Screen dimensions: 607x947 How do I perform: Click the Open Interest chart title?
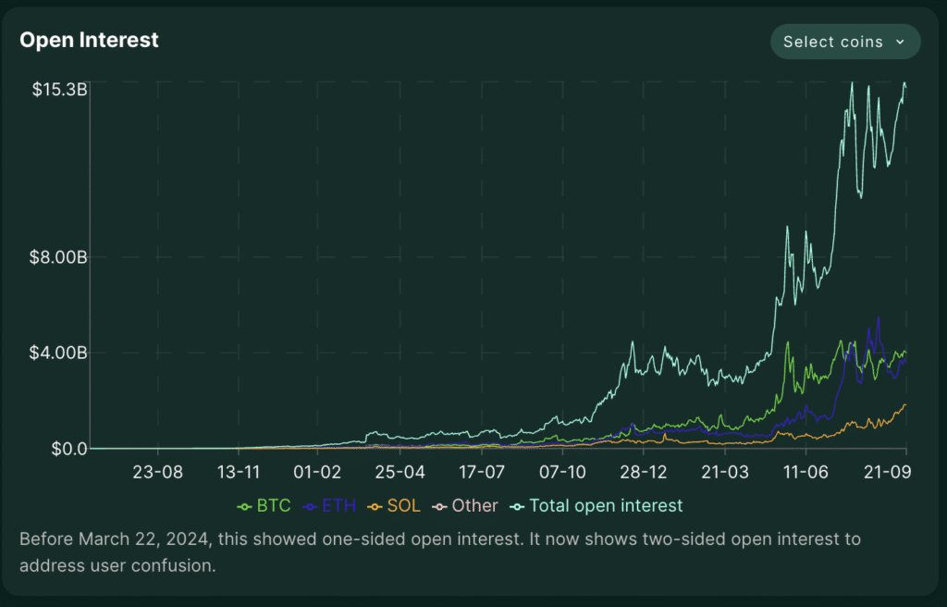89,41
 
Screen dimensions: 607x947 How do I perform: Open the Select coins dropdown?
844,42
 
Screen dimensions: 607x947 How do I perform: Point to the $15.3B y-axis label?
60,90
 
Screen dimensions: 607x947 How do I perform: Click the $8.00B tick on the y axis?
60,257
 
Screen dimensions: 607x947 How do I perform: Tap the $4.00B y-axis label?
60,353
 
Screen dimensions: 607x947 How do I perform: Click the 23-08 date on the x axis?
158,472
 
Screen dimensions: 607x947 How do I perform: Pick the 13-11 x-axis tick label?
239,472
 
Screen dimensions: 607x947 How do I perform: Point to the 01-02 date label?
318,472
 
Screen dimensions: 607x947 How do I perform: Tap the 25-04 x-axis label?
400,472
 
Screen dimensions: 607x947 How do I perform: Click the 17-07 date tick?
482,472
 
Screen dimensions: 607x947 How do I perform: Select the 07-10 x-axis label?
563,472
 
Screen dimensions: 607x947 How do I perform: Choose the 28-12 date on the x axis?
643,472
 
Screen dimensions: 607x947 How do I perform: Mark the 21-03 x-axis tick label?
724,472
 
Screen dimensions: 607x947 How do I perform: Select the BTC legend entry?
264,506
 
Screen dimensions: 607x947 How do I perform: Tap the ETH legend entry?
329,506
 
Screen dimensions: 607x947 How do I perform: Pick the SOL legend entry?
394,506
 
